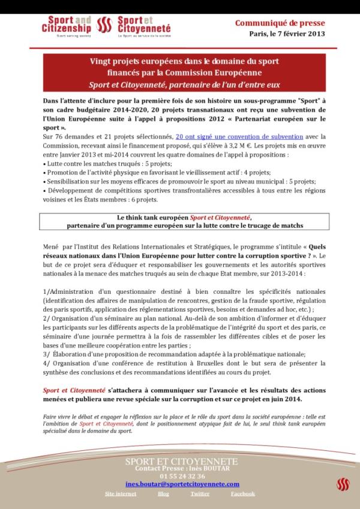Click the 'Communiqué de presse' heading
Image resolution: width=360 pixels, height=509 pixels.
(x=280, y=23)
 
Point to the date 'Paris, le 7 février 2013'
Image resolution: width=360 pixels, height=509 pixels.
(x=287, y=34)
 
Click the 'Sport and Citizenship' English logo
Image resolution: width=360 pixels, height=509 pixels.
(x=67, y=28)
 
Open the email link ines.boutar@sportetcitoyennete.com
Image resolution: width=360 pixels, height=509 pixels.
(x=182, y=484)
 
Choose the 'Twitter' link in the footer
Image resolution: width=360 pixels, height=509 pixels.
(x=200, y=494)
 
